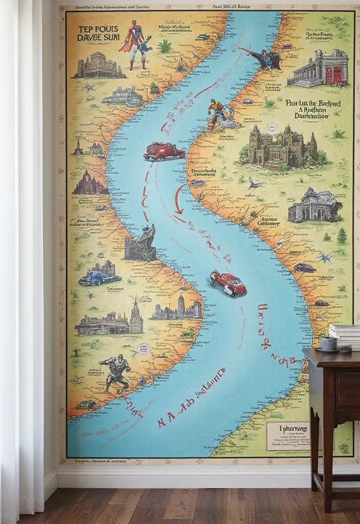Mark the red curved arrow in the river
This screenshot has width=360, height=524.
click(178, 199)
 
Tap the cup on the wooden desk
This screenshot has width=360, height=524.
click(328, 343)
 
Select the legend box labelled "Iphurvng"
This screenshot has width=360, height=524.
click(287, 435)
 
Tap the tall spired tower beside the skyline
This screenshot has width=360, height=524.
click(136, 316)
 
